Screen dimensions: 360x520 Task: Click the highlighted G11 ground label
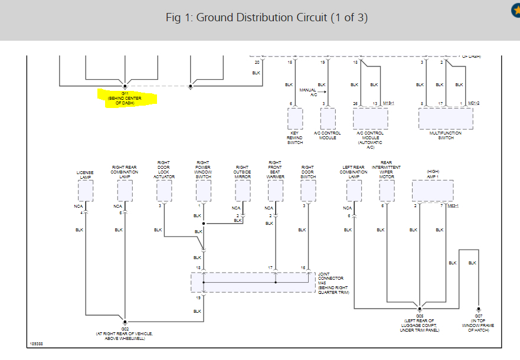[125, 98]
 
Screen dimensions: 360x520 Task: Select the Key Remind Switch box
[295, 119]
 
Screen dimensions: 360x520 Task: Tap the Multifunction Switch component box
[446, 119]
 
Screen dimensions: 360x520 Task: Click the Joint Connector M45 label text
[331, 283]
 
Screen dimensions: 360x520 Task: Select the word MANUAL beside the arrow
[308, 90]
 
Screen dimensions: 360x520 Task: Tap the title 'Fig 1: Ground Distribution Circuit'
[267, 17]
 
